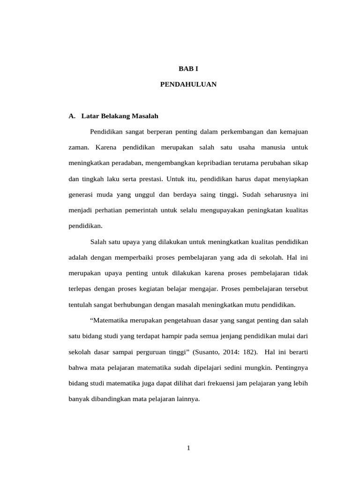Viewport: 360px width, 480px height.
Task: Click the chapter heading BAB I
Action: (x=188, y=68)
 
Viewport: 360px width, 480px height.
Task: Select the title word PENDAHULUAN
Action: (x=188, y=85)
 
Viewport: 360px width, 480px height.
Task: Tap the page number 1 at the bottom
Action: (x=188, y=448)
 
